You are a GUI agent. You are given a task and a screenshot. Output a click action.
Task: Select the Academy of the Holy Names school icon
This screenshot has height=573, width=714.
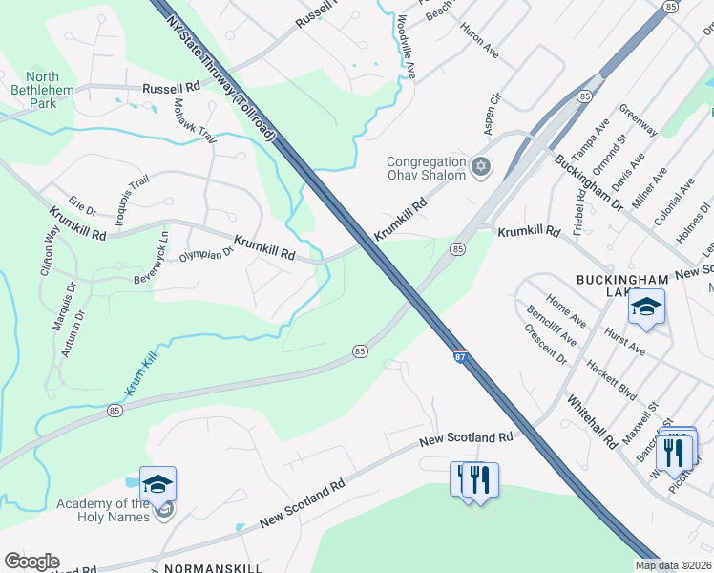point(157,484)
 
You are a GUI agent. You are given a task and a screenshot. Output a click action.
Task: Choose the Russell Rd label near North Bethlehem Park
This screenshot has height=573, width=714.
point(171,87)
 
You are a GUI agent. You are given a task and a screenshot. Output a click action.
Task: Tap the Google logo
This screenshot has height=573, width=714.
point(31,562)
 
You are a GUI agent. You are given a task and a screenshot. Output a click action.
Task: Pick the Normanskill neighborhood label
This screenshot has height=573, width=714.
point(206,568)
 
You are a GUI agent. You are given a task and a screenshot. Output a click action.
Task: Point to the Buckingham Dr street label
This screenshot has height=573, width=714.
point(589,182)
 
